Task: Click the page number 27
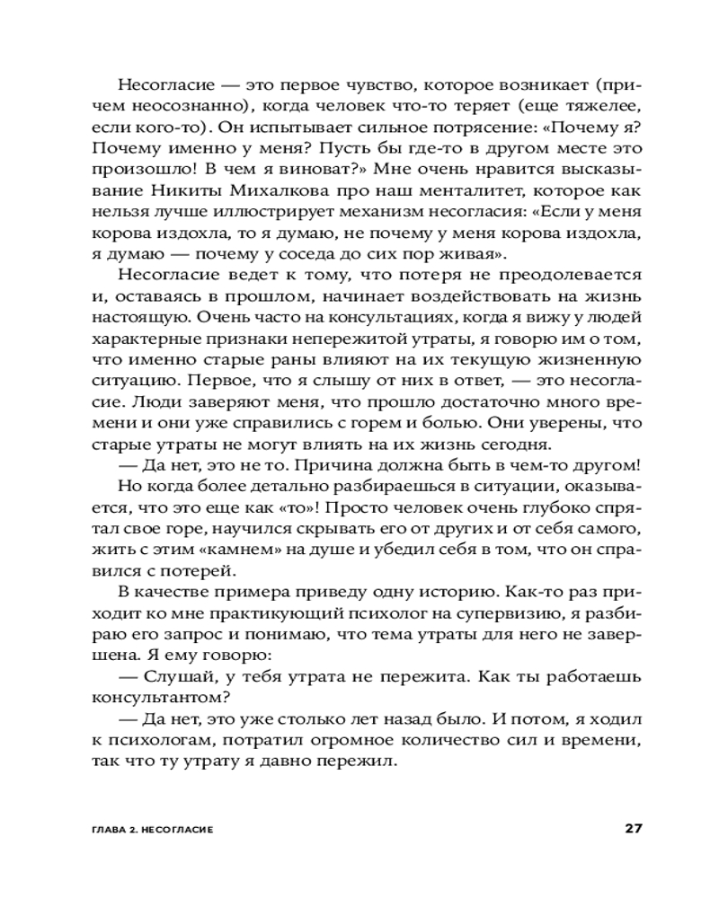click(631, 828)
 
